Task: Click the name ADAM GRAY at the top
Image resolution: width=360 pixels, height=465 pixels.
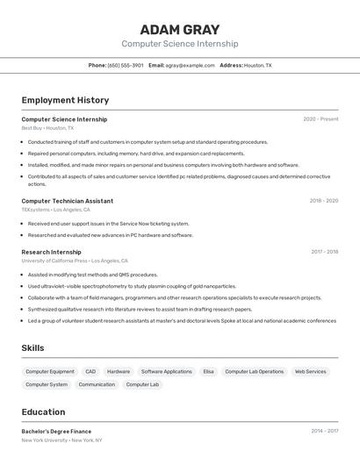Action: click(179, 30)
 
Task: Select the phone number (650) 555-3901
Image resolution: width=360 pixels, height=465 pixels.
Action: click(126, 65)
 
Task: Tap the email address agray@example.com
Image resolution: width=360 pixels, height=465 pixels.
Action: click(191, 65)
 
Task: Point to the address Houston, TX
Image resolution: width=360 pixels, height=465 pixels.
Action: click(257, 65)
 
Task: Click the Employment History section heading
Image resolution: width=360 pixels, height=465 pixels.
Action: click(65, 100)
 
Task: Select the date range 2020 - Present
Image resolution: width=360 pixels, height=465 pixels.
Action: click(320, 119)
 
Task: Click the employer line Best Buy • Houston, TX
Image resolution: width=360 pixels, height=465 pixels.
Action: click(47, 128)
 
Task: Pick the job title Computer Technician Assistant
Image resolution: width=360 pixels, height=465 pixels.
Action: click(67, 201)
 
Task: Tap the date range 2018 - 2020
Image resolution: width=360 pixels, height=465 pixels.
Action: click(323, 201)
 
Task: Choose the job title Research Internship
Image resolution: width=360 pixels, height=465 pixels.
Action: click(51, 252)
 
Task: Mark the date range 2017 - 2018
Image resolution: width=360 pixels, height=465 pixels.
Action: click(324, 252)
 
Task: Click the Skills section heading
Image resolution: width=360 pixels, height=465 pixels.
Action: click(32, 348)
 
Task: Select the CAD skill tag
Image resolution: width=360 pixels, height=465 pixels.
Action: click(90, 372)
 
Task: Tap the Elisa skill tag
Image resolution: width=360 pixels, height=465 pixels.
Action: click(208, 372)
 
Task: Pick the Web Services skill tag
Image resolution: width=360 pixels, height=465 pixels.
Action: click(310, 372)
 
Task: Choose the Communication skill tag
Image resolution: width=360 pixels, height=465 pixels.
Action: click(97, 384)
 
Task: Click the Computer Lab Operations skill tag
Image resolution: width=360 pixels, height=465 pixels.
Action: click(254, 372)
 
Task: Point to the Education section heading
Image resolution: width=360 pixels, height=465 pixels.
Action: click(43, 412)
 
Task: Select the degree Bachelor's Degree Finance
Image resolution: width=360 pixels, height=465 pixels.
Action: click(56, 432)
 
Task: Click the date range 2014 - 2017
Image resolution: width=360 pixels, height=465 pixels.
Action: click(324, 432)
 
